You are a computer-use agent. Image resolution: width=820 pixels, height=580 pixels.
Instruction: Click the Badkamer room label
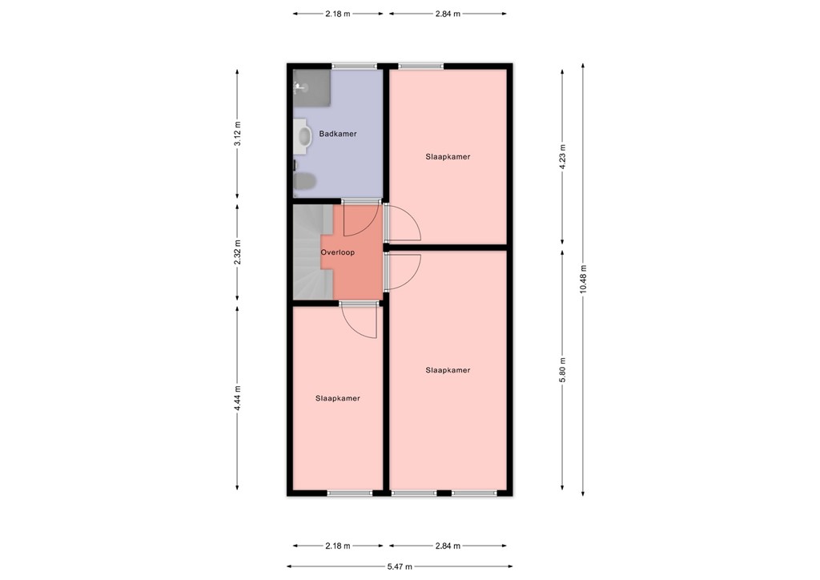[337, 134]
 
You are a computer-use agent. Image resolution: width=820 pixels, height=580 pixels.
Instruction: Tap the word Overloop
[337, 252]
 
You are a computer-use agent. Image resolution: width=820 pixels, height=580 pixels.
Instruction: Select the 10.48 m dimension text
[584, 280]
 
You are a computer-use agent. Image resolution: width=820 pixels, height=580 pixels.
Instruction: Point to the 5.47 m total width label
[400, 566]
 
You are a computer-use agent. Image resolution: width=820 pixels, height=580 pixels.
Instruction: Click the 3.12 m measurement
[237, 134]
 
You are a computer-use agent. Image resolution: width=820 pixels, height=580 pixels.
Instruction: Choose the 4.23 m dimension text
[563, 157]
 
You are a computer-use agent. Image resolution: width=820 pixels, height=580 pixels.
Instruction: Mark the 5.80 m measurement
[563, 369]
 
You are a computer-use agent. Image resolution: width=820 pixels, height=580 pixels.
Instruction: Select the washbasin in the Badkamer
[303, 135]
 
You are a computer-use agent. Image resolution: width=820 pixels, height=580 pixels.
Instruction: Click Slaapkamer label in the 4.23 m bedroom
[448, 157]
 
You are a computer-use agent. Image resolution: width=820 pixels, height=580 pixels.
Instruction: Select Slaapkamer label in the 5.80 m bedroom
[448, 370]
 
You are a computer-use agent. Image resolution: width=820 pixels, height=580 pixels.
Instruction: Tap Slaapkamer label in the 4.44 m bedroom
[337, 398]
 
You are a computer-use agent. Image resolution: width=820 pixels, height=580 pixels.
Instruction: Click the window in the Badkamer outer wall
[355, 66]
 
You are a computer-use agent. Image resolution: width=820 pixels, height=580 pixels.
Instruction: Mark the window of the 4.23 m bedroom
[421, 66]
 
